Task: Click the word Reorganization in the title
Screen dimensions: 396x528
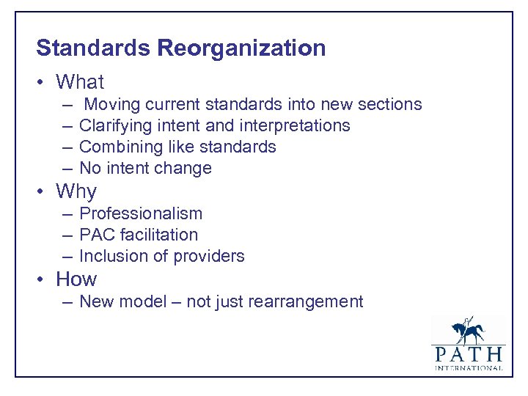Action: pyautogui.click(x=241, y=48)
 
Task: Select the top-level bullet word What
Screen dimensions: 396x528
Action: pyautogui.click(x=80, y=82)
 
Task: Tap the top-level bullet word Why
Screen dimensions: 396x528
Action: pyautogui.click(x=76, y=191)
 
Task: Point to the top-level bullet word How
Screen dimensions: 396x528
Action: pyautogui.click(x=76, y=279)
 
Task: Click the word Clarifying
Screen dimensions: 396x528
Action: pyautogui.click(x=113, y=125)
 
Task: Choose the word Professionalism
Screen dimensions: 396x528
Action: pyautogui.click(x=141, y=213)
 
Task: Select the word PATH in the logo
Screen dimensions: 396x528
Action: pyautogui.click(x=468, y=354)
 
